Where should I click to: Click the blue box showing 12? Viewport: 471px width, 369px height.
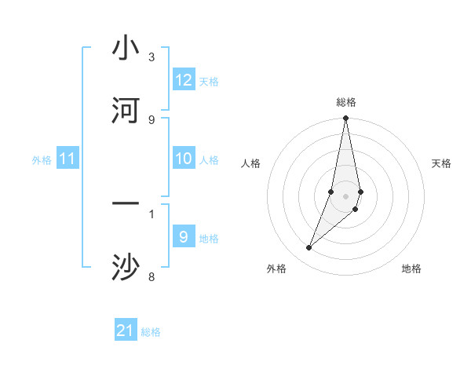pos(184,80)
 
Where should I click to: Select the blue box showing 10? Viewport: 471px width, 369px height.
pos(184,159)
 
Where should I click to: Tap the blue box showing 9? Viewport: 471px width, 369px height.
pos(184,237)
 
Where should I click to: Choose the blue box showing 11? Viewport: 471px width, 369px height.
pos(68,159)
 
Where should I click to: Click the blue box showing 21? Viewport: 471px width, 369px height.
pos(126,331)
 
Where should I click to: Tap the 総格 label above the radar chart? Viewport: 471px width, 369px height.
pos(346,102)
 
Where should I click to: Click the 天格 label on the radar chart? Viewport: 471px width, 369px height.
pos(442,163)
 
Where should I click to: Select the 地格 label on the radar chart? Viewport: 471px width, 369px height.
pos(411,269)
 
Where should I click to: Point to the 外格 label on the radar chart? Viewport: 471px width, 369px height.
pos(276,269)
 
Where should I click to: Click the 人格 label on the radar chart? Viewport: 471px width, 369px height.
pos(251,163)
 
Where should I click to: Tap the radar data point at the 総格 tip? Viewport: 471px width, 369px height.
pos(345,119)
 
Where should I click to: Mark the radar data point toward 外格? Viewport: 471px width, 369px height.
pos(309,248)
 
